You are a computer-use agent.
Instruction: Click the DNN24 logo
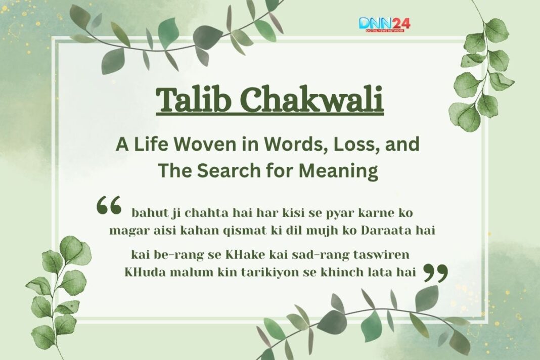(384, 24)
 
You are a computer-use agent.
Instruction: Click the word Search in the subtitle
(222, 171)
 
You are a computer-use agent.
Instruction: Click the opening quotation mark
(109, 206)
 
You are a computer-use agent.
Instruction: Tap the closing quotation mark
(435, 273)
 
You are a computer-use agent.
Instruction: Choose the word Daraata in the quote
(391, 231)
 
